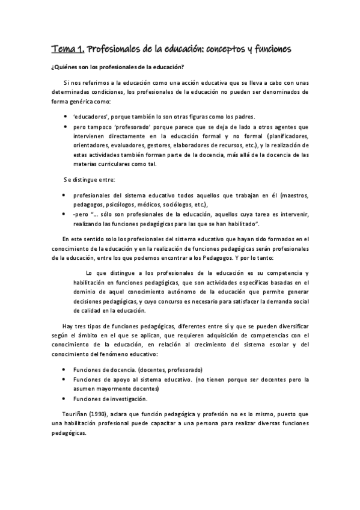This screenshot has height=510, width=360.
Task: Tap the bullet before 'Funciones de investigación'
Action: pos(64,399)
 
